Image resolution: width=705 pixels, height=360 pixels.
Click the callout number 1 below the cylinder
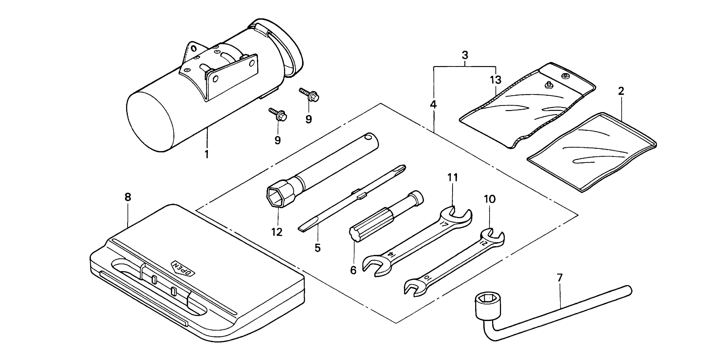coord(207,154)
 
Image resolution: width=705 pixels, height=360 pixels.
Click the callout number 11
coord(452,178)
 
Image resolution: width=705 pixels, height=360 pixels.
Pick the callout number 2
coord(621,91)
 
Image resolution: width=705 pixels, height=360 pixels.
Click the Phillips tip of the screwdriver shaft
coord(402,168)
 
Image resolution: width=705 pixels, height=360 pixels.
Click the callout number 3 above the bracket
coord(465,55)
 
